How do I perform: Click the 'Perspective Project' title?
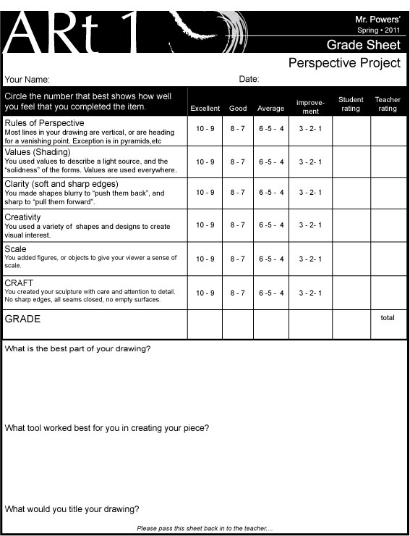point(344,63)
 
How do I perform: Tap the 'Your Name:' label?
point(27,80)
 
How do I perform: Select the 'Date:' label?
point(249,79)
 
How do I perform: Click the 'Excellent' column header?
point(205,109)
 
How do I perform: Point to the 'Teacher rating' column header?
point(388,104)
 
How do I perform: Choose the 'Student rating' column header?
point(351,104)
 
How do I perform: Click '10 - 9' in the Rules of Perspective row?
point(205,129)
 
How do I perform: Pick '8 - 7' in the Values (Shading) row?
point(238,162)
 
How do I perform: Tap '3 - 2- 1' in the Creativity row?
point(310,225)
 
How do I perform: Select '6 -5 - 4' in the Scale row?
point(271,259)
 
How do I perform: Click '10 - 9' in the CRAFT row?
point(205,293)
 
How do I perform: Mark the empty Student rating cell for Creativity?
point(351,225)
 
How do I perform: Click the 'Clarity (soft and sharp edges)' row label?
point(52,184)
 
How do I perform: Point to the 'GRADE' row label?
point(22,319)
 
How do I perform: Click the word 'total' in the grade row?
point(388,317)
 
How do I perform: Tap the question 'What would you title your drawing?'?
point(72,509)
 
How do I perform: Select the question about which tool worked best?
point(107,428)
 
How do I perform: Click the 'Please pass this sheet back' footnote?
point(204,529)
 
